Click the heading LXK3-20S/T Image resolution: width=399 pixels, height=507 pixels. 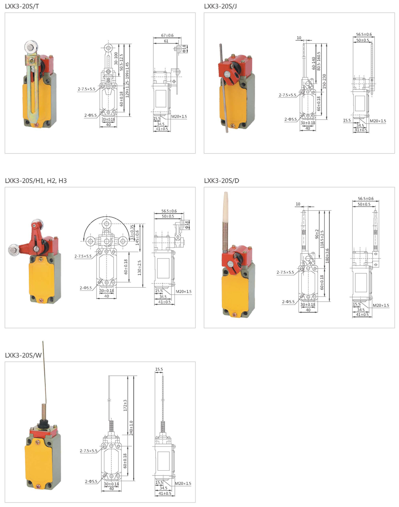(22, 6)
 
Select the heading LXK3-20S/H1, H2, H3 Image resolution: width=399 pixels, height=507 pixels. (36, 181)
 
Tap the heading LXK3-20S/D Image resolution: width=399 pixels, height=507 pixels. (221, 181)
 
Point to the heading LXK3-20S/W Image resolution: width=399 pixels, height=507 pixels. (23, 355)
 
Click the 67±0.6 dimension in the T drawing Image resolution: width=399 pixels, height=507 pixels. (168, 36)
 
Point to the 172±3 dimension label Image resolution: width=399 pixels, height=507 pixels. (125, 405)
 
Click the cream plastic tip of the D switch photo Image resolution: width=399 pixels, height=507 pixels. (226, 204)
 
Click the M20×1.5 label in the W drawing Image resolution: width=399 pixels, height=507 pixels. (183, 483)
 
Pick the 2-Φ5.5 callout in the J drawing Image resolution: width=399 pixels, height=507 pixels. (290, 119)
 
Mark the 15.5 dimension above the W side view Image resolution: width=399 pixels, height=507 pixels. (159, 369)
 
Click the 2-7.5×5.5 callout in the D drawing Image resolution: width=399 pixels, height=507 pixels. (285, 272)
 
